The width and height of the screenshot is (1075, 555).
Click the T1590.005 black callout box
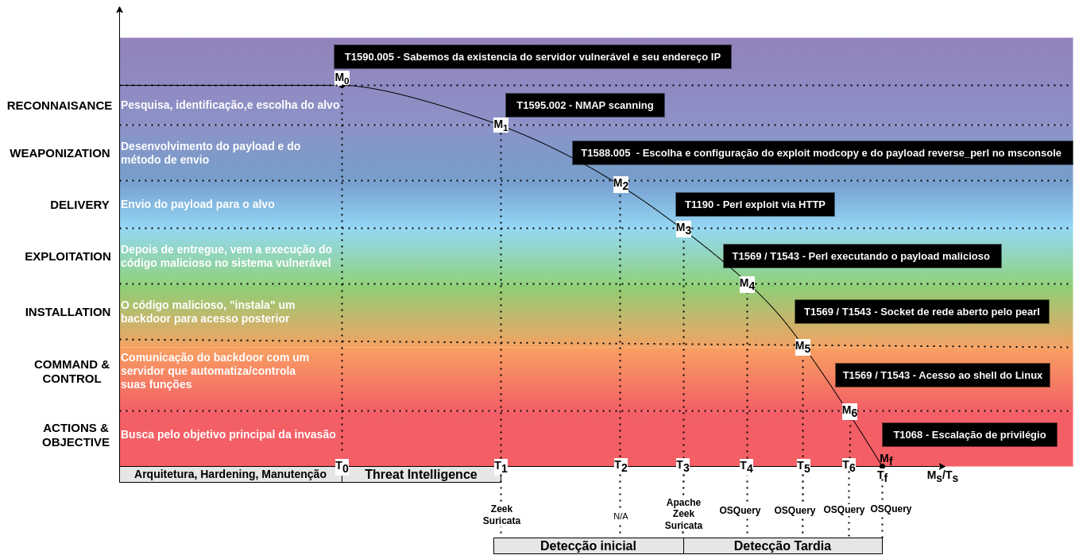532,57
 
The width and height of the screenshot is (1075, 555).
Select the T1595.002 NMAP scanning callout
585,106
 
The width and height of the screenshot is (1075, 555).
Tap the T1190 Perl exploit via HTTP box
755,205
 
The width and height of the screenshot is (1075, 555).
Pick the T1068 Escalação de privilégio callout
969,435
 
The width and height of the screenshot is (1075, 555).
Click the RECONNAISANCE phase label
60,106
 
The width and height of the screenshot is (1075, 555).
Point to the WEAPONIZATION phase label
60,153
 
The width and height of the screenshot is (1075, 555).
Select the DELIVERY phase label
79,205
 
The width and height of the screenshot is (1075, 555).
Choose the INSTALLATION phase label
68,312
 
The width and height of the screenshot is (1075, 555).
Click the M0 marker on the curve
342,78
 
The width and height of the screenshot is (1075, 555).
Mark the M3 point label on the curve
683,229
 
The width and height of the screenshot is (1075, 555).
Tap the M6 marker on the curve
849,411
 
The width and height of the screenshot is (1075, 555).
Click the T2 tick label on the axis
621,466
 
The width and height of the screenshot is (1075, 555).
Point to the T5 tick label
803,466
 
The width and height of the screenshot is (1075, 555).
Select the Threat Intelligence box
421,475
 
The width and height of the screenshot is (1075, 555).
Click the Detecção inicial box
588,546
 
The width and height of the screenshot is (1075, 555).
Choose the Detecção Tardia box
783,546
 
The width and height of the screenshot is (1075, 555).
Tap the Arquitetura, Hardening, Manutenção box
230,475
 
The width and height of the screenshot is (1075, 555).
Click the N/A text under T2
621,516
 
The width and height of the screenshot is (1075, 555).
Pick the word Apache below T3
683,503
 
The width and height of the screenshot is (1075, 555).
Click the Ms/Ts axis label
942,476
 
